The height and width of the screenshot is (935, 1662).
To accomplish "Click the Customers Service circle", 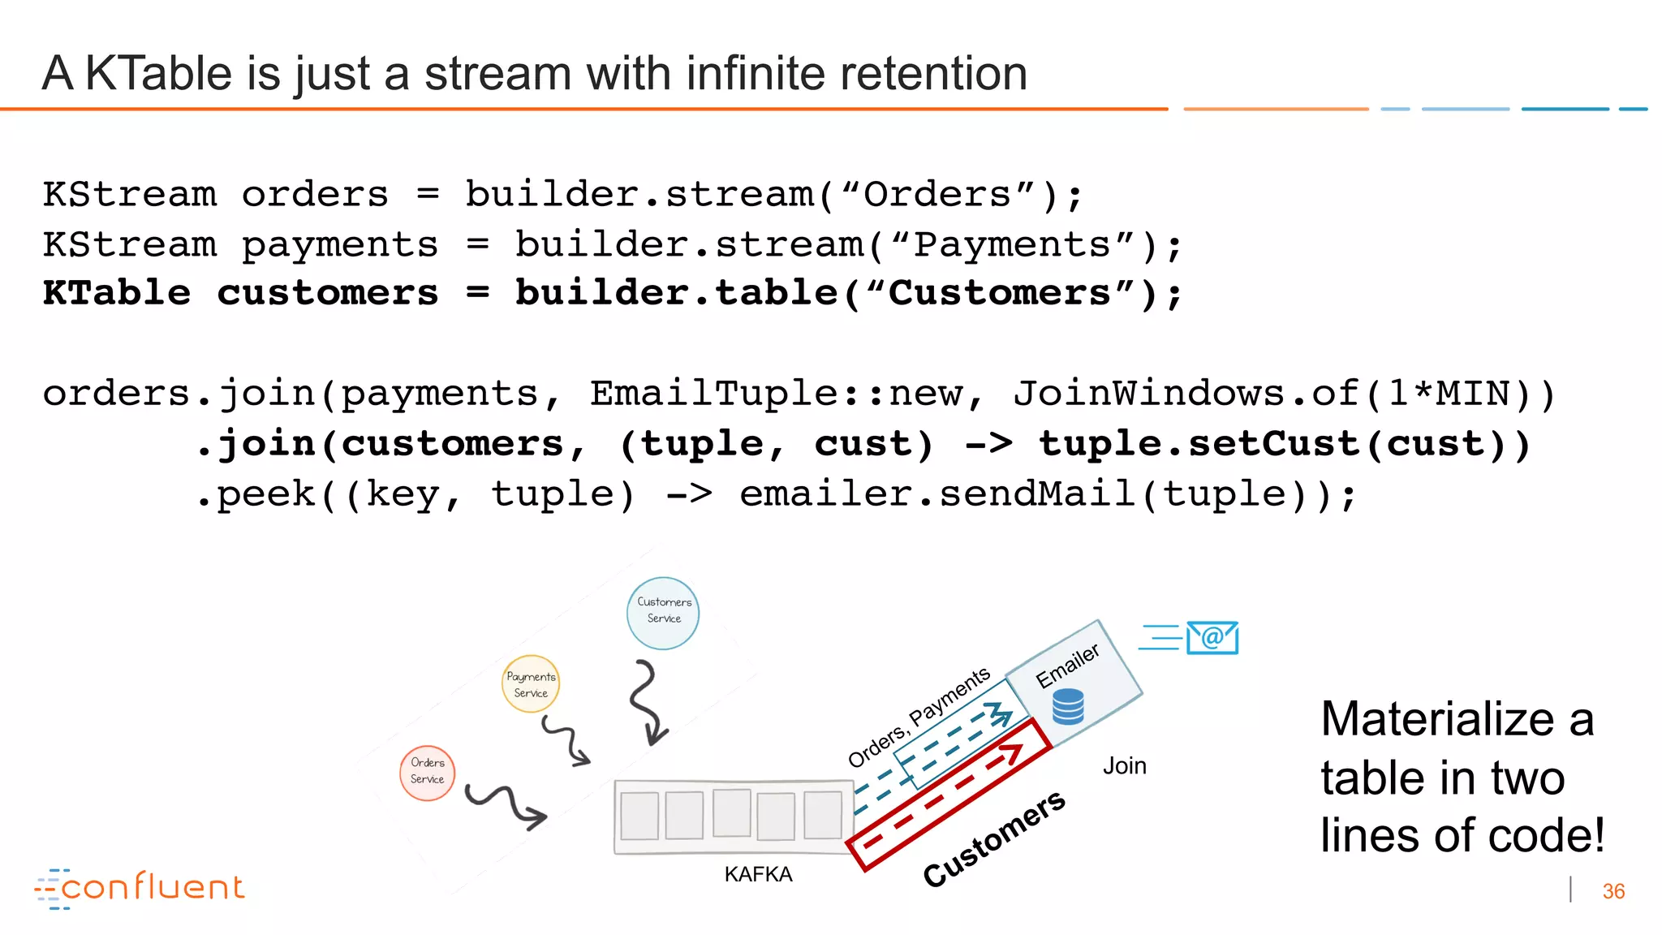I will point(663,613).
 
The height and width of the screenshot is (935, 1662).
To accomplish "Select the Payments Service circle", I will point(531,684).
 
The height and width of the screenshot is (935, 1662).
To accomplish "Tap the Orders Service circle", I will point(428,773).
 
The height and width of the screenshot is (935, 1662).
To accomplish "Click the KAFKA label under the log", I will point(758,874).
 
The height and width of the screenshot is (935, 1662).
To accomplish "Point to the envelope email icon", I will point(1212,638).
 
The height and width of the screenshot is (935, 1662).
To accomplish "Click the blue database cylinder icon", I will point(1068,706).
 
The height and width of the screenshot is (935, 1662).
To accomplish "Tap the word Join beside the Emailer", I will point(1124,765).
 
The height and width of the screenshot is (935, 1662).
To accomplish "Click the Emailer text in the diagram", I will point(1067,666).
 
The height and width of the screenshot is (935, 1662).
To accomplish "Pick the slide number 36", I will point(1613,891).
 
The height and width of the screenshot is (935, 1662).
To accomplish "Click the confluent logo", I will point(140,888).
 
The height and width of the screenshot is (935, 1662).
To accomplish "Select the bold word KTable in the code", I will point(117,293).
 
